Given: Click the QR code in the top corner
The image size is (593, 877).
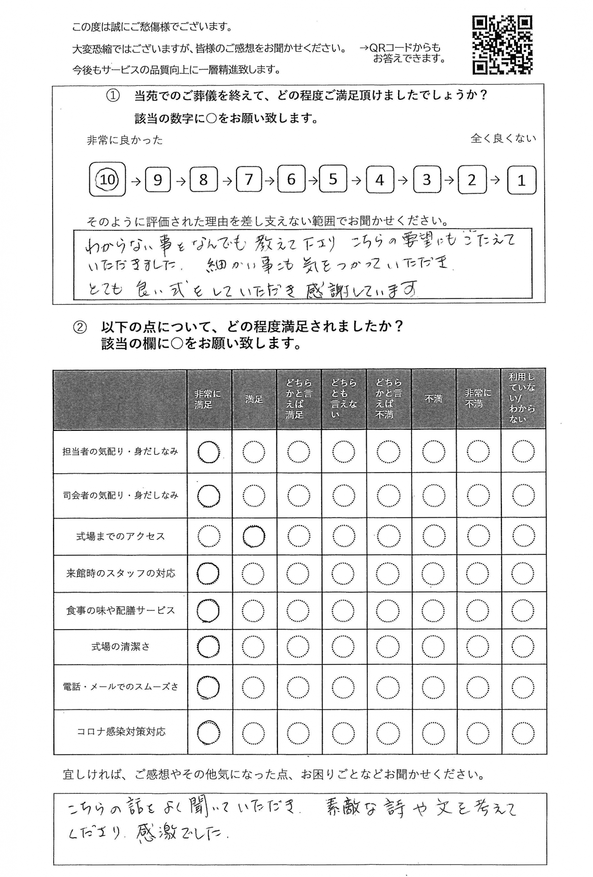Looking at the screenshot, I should tap(502, 45).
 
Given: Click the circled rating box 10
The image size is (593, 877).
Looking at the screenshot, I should tap(107, 179).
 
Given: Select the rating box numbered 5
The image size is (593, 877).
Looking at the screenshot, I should tap(333, 179).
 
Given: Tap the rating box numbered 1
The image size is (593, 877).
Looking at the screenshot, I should tap(522, 180).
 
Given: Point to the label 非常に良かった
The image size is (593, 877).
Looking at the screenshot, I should tap(125, 140).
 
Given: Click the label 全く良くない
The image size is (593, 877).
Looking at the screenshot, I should tap(503, 138).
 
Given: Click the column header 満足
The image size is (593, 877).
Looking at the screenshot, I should tap(254, 399).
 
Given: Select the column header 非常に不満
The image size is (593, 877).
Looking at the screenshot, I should tap(478, 399).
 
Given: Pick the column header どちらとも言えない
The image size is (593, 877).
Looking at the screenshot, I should tap(343, 399).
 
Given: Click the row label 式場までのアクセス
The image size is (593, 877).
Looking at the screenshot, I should tap(121, 536).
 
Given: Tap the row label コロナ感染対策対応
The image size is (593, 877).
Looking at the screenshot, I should tap(121, 731).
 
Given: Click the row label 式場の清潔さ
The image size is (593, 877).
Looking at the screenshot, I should tap(121, 647).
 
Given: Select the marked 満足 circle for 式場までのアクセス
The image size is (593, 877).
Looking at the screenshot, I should tap(254, 536).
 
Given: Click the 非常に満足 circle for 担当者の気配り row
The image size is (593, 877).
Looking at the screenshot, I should tap(209, 452).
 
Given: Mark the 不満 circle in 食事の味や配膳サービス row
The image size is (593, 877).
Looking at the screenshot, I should tap(433, 611).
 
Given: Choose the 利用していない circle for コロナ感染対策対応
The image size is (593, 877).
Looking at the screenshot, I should tap(523, 733).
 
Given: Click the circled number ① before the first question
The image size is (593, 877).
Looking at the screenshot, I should tap(113, 96).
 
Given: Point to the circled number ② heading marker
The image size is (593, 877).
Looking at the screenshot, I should tap(79, 327).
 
